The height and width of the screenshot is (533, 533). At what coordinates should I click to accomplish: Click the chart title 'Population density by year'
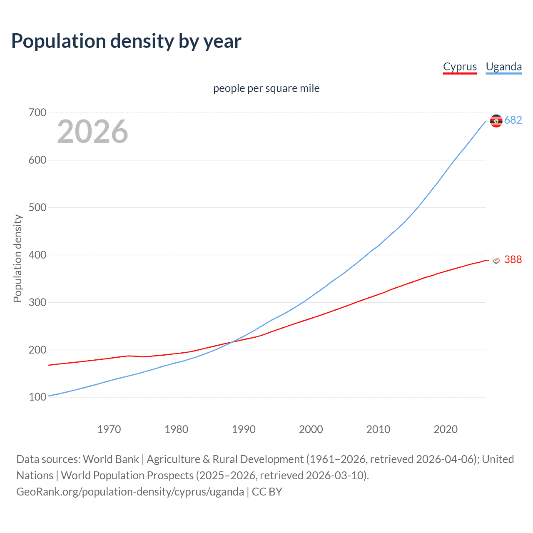[x=126, y=41]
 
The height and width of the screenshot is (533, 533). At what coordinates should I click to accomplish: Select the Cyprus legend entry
[x=460, y=67]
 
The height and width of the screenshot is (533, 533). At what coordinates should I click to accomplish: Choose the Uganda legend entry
[x=503, y=67]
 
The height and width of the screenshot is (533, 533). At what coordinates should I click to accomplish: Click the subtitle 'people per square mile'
[x=266, y=88]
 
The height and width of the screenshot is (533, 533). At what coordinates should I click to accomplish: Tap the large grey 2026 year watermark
[x=92, y=132]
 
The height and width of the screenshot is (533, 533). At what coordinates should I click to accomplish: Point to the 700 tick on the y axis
[x=37, y=113]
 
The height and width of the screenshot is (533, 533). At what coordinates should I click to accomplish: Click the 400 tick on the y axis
[x=37, y=255]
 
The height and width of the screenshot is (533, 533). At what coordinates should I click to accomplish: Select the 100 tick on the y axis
[x=37, y=397]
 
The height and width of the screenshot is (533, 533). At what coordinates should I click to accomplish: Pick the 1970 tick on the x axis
[x=109, y=429]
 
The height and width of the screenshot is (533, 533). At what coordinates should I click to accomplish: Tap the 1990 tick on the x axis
[x=244, y=429]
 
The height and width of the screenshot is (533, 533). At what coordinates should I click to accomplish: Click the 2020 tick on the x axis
[x=446, y=429]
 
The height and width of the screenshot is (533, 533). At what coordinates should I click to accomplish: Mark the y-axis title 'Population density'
[x=17, y=258]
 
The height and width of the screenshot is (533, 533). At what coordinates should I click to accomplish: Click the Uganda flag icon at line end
[x=496, y=121]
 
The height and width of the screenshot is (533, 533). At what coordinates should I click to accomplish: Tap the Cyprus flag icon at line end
[x=496, y=260]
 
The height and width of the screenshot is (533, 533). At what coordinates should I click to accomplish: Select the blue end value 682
[x=513, y=120]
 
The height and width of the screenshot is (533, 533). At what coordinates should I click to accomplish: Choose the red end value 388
[x=513, y=259]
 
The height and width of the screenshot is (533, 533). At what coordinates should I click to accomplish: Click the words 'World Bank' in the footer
[x=111, y=459]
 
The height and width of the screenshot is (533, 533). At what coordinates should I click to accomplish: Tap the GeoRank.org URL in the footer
[x=130, y=492]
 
